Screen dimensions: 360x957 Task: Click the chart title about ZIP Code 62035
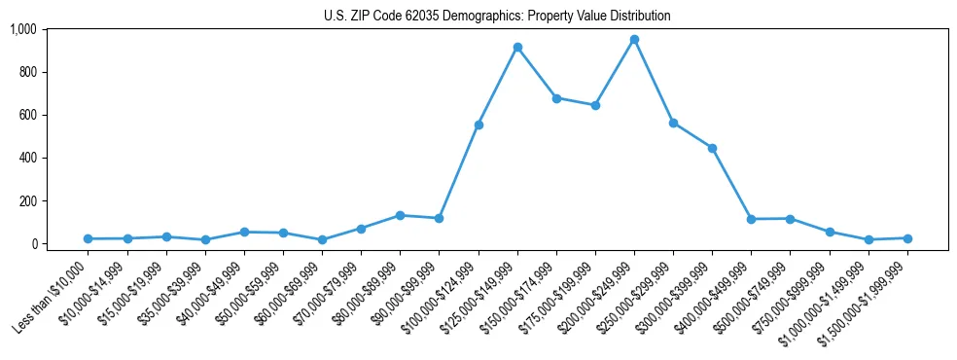click(x=497, y=16)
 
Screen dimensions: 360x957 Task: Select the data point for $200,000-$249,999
click(x=634, y=40)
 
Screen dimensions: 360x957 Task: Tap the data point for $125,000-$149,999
click(x=517, y=48)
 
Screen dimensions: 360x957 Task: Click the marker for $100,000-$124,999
click(x=478, y=125)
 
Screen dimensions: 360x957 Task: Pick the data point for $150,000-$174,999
click(x=556, y=98)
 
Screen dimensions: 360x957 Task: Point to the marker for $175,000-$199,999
click(x=595, y=105)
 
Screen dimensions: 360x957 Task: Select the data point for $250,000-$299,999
click(x=673, y=124)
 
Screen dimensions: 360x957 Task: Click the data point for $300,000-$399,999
click(x=712, y=148)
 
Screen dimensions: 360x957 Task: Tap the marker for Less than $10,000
click(x=89, y=238)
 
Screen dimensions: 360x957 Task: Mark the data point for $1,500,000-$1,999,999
click(x=907, y=238)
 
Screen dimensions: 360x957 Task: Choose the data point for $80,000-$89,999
click(x=400, y=215)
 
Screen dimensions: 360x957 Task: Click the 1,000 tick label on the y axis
click(x=22, y=29)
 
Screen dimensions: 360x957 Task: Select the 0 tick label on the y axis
click(x=31, y=243)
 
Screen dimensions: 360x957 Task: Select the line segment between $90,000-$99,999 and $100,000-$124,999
click(x=459, y=171)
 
